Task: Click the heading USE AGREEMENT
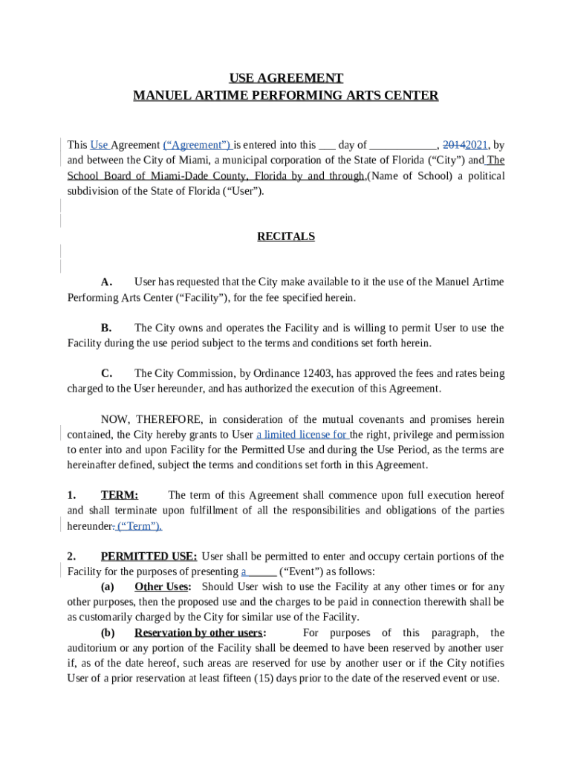(286, 78)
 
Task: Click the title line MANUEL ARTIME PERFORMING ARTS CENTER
(286, 96)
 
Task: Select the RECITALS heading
(286, 236)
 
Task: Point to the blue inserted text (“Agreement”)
(197, 146)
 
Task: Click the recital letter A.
(106, 282)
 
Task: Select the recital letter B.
(106, 328)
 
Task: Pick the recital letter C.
(106, 373)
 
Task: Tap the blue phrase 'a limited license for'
(302, 435)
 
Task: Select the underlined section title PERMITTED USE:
(149, 557)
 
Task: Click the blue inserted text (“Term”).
(140, 526)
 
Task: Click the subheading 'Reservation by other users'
(198, 633)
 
